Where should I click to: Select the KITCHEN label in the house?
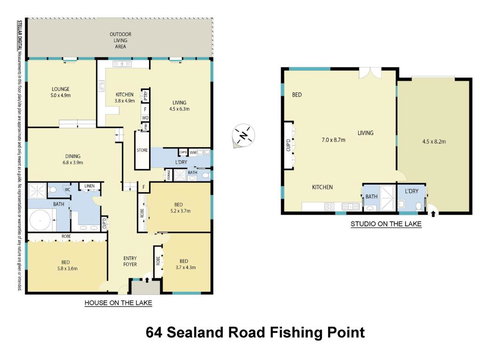tap(124, 97)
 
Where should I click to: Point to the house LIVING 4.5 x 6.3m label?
tap(179, 104)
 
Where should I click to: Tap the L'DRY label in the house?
tap(182, 161)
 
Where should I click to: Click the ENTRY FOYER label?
tap(130, 261)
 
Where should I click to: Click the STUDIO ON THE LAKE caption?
tap(385, 225)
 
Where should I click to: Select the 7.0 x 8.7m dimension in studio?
tap(333, 141)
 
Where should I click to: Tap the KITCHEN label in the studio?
tap(322, 187)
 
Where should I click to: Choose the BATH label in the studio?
tap(371, 196)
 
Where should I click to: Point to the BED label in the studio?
tap(297, 94)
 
